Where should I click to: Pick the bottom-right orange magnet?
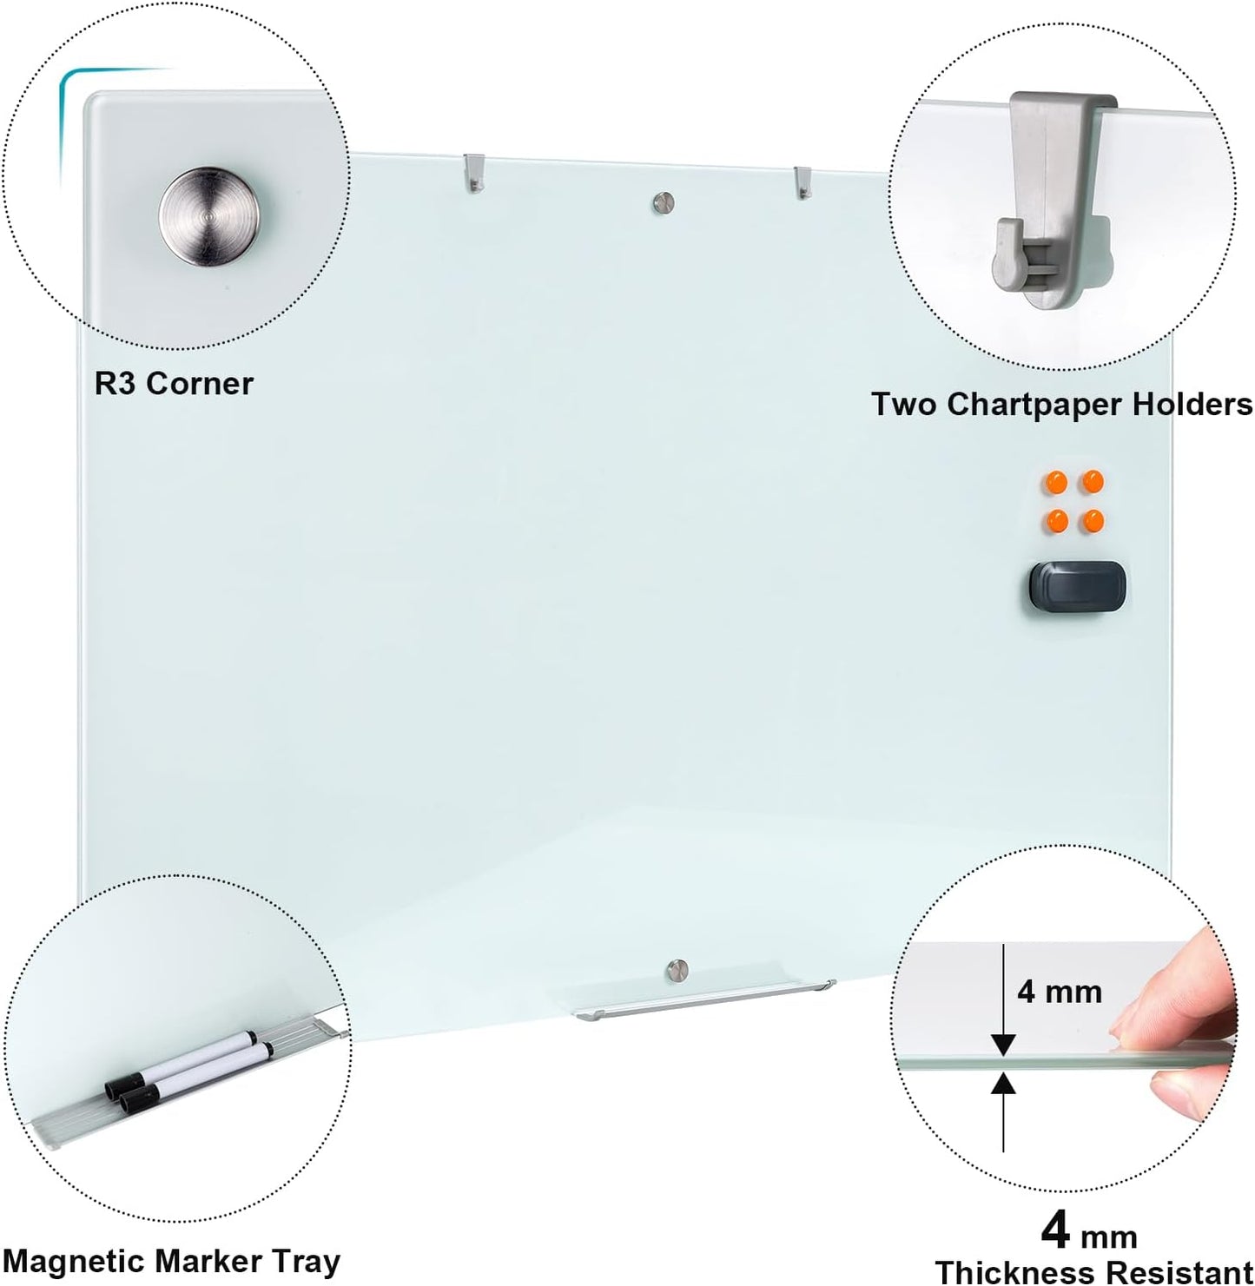click(x=1091, y=521)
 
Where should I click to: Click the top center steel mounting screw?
click(x=664, y=202)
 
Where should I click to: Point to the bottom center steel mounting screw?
click(x=677, y=968)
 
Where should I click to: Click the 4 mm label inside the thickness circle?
click(x=1059, y=991)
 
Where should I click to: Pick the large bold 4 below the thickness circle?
click(x=1056, y=1230)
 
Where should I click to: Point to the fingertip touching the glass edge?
click(x=1129, y=1027)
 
